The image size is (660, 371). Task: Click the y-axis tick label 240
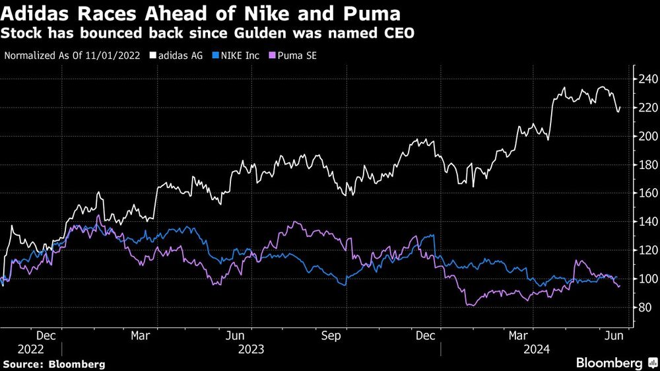(x=646, y=79)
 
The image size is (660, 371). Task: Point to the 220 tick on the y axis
(x=646, y=108)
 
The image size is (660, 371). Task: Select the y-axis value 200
(x=646, y=136)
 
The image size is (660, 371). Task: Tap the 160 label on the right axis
(x=646, y=193)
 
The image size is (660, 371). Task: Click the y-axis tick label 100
(x=646, y=279)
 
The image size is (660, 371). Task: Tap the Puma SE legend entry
(x=294, y=55)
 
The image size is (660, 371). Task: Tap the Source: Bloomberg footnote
(x=54, y=364)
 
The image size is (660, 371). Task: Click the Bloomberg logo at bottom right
(x=614, y=362)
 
